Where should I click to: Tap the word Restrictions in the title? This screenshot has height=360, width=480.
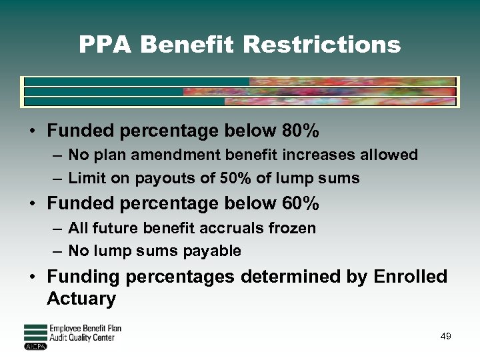click(x=322, y=45)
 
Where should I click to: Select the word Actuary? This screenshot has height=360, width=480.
click(x=81, y=299)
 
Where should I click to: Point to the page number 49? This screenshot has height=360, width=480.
click(x=446, y=336)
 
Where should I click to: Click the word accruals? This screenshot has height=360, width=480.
click(x=229, y=228)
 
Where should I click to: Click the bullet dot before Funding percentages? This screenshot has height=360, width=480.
click(x=33, y=277)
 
